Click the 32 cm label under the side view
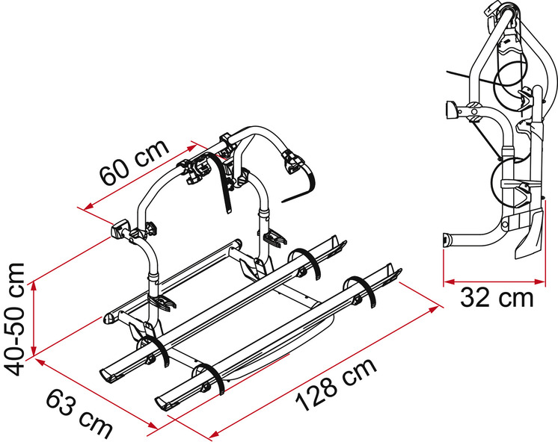(497, 297)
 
